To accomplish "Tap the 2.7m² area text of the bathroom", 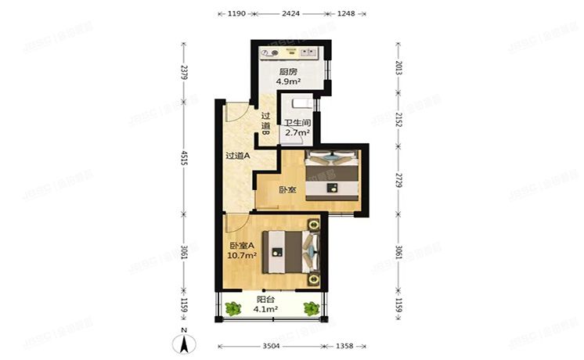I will [x=297, y=134].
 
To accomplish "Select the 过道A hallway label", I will [x=237, y=155].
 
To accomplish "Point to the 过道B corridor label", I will [x=265, y=125].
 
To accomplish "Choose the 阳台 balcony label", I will [x=267, y=299].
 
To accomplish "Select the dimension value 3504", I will [x=269, y=345].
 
